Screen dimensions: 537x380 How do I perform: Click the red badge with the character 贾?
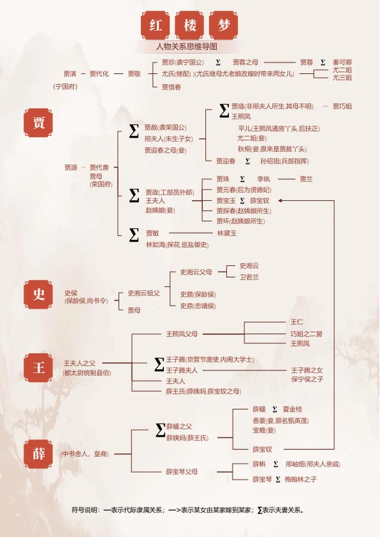38,123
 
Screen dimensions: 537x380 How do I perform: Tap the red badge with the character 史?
38,295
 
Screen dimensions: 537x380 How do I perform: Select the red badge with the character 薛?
38,454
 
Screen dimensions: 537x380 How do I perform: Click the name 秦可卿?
342,62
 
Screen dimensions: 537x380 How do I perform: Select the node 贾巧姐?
342,106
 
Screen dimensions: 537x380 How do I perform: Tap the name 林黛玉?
227,233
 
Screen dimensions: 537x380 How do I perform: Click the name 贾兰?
306,179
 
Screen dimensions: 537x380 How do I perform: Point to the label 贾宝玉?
226,201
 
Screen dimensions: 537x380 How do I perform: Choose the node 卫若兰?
249,277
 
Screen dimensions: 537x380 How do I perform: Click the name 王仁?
297,322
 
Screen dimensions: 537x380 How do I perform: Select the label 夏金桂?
292,409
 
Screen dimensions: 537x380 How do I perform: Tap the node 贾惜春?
171,87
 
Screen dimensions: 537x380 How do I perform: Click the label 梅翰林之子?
301,479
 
